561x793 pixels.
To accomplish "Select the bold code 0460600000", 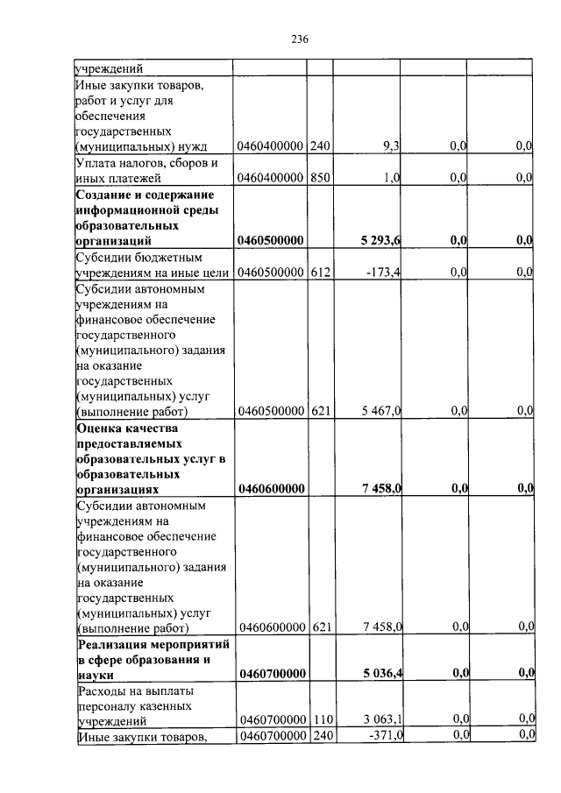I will pos(271,489).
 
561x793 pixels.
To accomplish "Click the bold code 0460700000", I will pos(271,674).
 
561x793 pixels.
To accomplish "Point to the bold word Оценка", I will pos(100,428).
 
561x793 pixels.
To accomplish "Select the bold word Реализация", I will pos(113,644).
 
